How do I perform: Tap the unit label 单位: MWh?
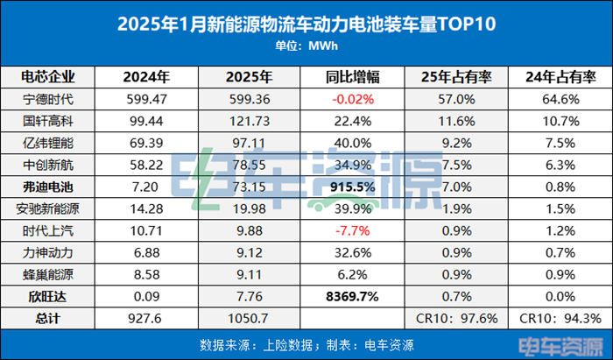(306, 46)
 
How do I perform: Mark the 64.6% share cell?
(556, 99)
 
